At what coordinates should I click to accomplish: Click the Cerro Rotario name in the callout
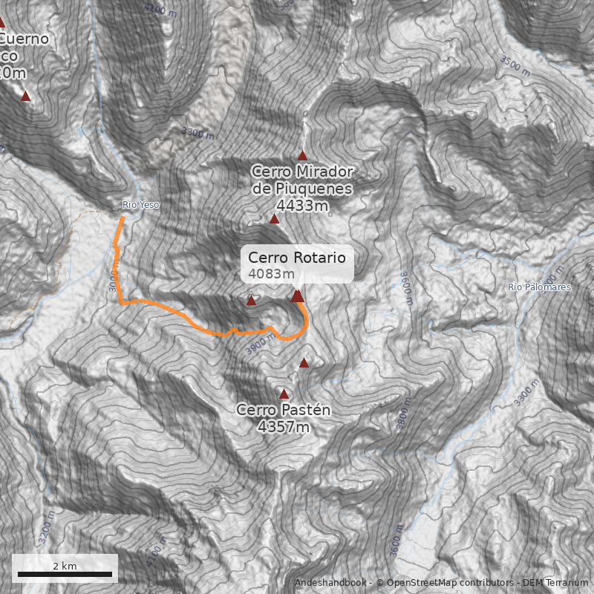coord(297,258)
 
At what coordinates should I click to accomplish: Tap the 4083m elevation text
coord(266,274)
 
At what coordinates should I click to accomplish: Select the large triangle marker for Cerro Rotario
coord(297,296)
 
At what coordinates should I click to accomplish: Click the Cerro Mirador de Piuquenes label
coord(302,180)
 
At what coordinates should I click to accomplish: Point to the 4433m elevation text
coord(302,205)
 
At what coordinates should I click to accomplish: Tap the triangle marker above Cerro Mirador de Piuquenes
coord(302,155)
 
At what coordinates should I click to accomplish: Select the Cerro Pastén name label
coord(283,410)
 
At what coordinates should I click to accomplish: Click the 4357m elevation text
coord(283,426)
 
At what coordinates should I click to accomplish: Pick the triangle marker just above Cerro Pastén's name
coord(284,394)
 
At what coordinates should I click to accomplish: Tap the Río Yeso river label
coord(140,205)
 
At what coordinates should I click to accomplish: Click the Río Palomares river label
coord(540,287)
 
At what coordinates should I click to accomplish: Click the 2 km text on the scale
coord(65,566)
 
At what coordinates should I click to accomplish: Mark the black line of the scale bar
coord(65,574)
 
